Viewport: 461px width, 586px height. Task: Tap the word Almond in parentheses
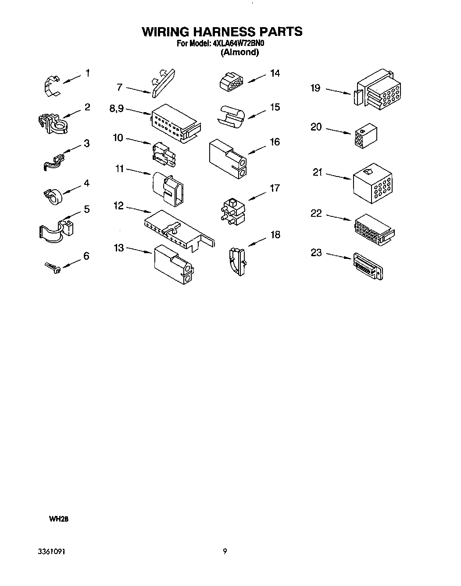[x=239, y=53]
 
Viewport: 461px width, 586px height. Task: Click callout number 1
[x=87, y=73]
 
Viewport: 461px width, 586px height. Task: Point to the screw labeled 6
[x=52, y=268]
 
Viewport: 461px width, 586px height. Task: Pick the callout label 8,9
[x=117, y=108]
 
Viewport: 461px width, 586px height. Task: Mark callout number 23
[x=316, y=253]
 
